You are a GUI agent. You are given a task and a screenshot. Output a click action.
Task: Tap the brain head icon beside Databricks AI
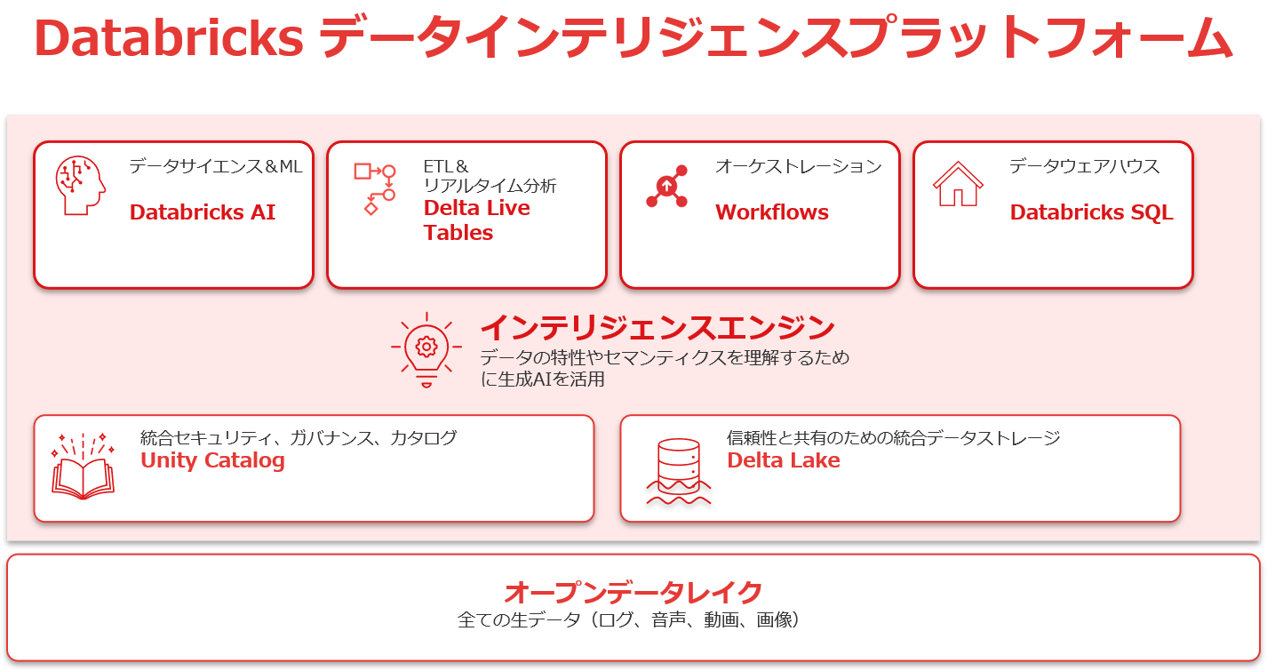tap(80, 186)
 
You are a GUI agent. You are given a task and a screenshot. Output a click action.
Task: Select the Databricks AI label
tap(203, 212)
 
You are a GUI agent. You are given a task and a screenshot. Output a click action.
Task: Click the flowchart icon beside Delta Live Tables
tap(374, 188)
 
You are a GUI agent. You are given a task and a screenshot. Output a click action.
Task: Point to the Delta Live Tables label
tap(476, 220)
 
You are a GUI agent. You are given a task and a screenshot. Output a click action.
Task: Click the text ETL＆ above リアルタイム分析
tap(446, 166)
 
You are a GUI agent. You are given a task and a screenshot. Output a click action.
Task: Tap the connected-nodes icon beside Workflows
tap(666, 187)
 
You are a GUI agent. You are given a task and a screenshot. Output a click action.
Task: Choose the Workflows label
tap(771, 212)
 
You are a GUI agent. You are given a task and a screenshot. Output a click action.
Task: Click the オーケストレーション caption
tap(798, 166)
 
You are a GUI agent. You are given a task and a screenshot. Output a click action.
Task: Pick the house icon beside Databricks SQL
tap(957, 184)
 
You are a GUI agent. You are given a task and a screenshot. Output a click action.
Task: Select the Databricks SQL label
tap(1091, 212)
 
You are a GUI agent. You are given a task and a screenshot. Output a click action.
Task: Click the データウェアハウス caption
tap(1084, 166)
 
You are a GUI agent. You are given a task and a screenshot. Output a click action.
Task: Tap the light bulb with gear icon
tap(426, 349)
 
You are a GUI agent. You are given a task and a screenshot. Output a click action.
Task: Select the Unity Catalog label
tap(212, 460)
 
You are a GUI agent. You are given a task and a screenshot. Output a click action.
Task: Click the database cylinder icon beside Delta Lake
tap(678, 471)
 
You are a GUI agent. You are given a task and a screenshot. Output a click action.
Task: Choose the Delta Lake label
tap(783, 460)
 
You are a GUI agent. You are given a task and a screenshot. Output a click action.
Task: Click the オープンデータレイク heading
tap(633, 592)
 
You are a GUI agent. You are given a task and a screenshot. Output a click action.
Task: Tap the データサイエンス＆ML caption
tap(216, 166)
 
